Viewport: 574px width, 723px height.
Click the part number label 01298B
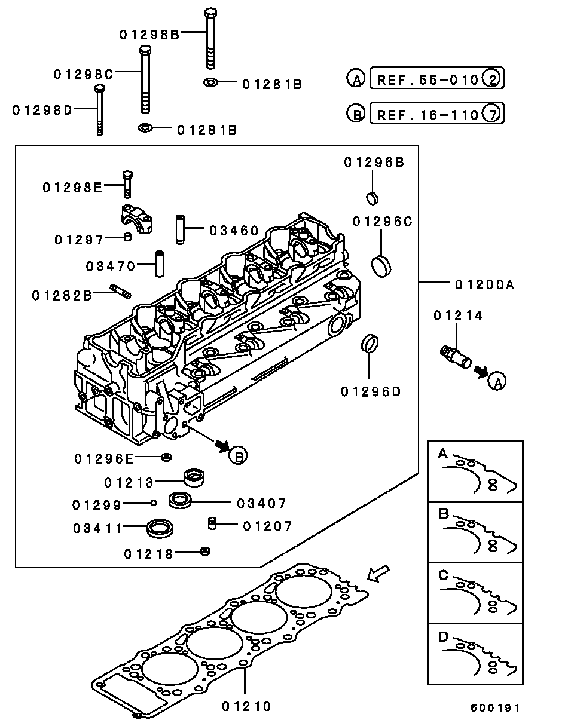[x=149, y=35]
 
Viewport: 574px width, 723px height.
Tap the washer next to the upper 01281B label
[x=211, y=82]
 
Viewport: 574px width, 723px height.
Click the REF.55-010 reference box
[x=427, y=79]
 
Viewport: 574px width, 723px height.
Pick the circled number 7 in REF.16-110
[x=490, y=114]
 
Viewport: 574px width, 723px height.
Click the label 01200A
[x=484, y=285]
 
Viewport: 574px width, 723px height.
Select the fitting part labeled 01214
[x=456, y=357]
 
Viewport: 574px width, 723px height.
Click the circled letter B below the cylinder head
[x=238, y=455]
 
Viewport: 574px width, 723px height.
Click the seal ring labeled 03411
[x=160, y=528]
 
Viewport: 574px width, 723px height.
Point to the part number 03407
[x=262, y=504]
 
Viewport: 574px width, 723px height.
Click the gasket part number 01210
[x=247, y=706]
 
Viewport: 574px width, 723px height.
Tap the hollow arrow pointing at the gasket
[x=378, y=574]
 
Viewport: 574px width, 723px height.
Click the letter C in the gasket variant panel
[x=443, y=575]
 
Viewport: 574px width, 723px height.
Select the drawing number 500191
[x=494, y=708]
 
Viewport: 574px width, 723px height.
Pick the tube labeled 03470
[x=160, y=264]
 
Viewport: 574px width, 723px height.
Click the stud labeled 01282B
[x=120, y=292]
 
